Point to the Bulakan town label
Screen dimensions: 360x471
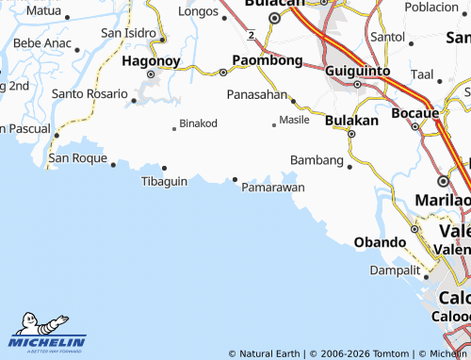[x=351, y=120]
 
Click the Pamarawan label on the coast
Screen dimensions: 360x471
[x=273, y=188]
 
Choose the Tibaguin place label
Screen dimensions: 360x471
[x=164, y=181]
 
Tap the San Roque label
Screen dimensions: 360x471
[x=77, y=157]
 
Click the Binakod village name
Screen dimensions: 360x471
[x=198, y=123]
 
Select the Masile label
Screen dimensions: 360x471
[x=294, y=121]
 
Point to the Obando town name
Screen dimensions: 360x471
[x=380, y=242]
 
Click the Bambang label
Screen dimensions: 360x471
[x=317, y=160]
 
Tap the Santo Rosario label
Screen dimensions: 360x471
[x=89, y=94]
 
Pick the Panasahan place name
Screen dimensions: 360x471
[x=256, y=95]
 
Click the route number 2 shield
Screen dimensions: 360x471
[x=252, y=35]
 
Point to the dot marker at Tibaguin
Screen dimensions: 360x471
[x=164, y=169]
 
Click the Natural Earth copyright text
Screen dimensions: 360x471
[x=268, y=353]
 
